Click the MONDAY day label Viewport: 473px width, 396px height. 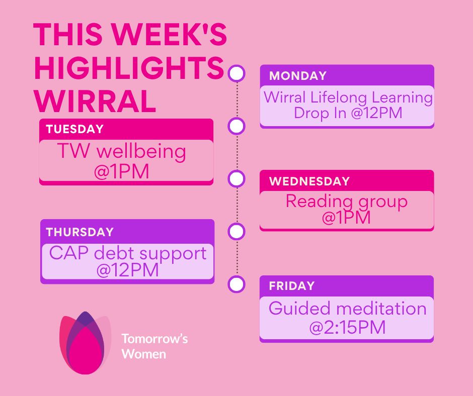point(297,76)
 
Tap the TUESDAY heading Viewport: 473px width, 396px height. point(75,129)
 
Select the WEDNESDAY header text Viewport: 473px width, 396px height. point(309,181)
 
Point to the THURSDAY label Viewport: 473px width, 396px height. point(80,232)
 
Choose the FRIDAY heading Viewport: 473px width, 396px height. point(292,286)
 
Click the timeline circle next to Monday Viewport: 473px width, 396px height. point(236,73)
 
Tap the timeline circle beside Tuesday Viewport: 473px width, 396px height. point(236,126)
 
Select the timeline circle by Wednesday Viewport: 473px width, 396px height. point(236,179)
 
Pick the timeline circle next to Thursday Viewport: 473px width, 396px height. point(236,232)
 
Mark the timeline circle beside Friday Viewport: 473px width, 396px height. point(236,284)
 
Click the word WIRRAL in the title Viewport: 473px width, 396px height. point(95,101)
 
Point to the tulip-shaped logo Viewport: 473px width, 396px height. point(86,343)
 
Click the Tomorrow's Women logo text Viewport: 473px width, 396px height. point(154,346)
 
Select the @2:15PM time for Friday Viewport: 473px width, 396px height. point(347,327)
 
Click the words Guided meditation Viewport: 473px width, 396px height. point(347,309)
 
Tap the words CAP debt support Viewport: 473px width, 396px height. point(128,254)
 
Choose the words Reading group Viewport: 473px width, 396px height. point(347,202)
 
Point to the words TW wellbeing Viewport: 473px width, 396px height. point(122,151)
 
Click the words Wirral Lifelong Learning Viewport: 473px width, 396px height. point(348,97)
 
